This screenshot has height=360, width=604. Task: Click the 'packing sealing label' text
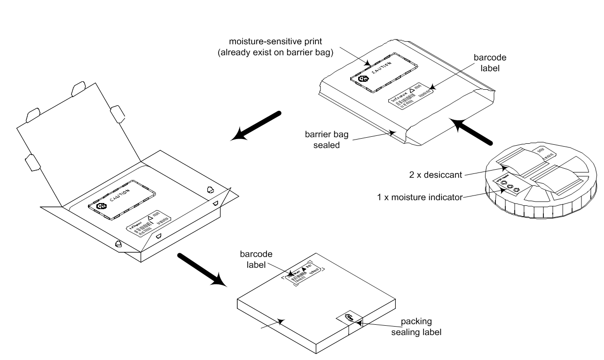tap(421, 327)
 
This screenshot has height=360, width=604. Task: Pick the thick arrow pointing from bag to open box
tap(256, 125)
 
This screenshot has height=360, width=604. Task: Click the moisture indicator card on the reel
tap(507, 185)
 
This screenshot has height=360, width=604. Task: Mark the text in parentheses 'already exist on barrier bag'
tap(275, 53)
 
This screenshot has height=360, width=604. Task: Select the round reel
tap(536, 188)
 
